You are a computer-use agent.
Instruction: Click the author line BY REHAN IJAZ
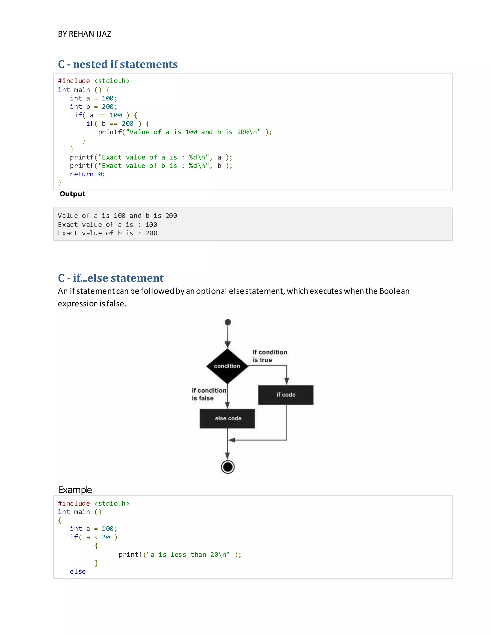[x=84, y=34]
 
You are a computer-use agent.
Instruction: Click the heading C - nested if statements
[x=117, y=64]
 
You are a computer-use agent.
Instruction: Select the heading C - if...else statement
[x=111, y=278]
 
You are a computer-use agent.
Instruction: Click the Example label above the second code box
[x=75, y=490]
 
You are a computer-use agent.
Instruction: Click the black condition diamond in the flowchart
[x=227, y=366]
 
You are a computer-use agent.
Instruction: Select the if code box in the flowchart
[x=286, y=395]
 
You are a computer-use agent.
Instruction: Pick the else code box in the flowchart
[x=227, y=418]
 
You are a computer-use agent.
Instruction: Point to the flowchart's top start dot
[x=228, y=322]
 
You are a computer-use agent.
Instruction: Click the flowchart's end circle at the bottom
[x=228, y=467]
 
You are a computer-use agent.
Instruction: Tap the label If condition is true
[x=270, y=356]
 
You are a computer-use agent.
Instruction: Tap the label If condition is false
[x=209, y=394]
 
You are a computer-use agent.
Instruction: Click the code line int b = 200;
[x=93, y=107]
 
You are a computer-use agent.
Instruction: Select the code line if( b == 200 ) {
[x=117, y=124]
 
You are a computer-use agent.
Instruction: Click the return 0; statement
[x=87, y=174]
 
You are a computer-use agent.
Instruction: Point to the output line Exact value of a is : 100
[x=107, y=225]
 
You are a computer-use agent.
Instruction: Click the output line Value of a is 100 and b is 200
[x=117, y=216]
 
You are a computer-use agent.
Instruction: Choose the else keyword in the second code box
[x=78, y=571]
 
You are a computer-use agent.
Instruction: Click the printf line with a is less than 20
[x=180, y=554]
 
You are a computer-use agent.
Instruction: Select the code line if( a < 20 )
[x=93, y=537]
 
